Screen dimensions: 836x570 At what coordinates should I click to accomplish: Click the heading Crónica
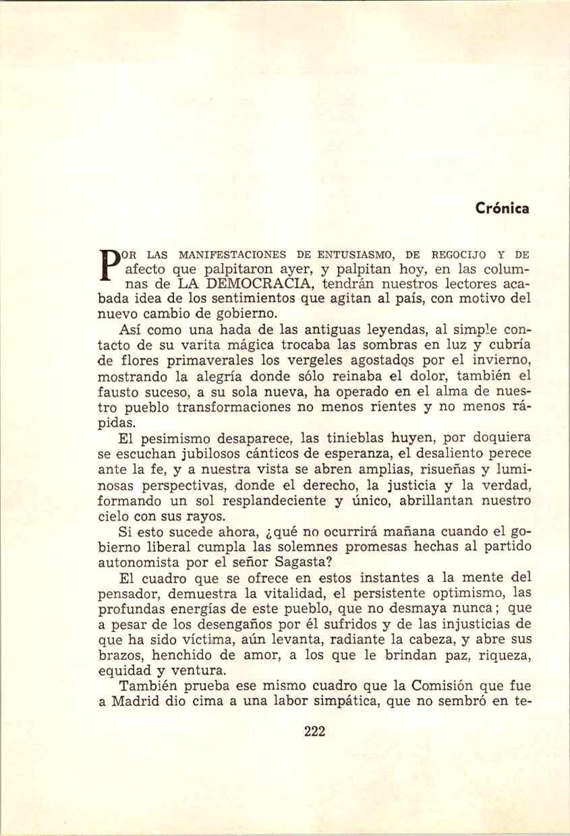(500, 208)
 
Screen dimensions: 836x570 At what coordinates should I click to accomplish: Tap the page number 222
(315, 732)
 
